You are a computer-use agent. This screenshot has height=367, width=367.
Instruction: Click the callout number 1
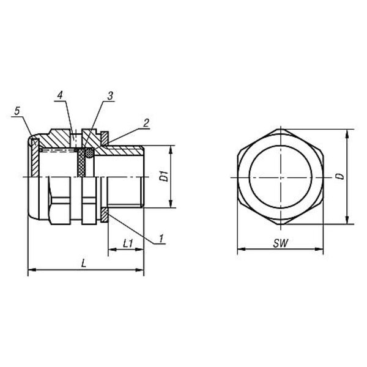pyautogui.click(x=161, y=239)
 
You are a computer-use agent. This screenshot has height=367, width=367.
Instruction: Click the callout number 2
pyautogui.click(x=146, y=123)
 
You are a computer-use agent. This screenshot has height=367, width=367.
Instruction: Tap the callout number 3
pyautogui.click(x=110, y=96)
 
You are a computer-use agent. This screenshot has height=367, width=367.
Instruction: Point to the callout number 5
pyautogui.click(x=17, y=111)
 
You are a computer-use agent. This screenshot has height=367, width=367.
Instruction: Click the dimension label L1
pyautogui.click(x=128, y=244)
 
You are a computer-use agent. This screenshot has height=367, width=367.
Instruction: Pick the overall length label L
pyautogui.click(x=84, y=264)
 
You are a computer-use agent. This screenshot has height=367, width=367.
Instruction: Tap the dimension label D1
pyautogui.click(x=164, y=176)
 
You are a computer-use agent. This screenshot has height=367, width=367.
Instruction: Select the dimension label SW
pyautogui.click(x=280, y=243)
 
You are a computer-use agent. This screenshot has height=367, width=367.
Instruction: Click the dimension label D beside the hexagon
pyautogui.click(x=341, y=176)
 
